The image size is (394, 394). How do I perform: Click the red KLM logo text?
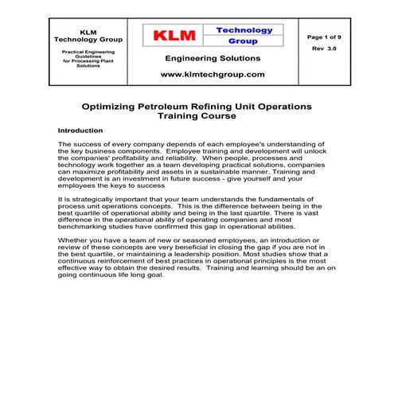point(172,36)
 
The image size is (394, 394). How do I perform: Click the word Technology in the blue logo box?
point(244,30)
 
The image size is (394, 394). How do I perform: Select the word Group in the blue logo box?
point(244,41)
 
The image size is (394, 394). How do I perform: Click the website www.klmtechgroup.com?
point(213,74)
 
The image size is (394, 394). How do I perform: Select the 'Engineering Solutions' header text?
point(213,58)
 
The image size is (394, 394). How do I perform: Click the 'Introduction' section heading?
point(80,130)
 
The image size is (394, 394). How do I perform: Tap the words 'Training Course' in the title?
point(197,115)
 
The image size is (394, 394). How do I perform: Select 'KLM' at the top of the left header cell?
point(88,32)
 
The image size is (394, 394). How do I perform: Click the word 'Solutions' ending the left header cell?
point(88,66)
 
